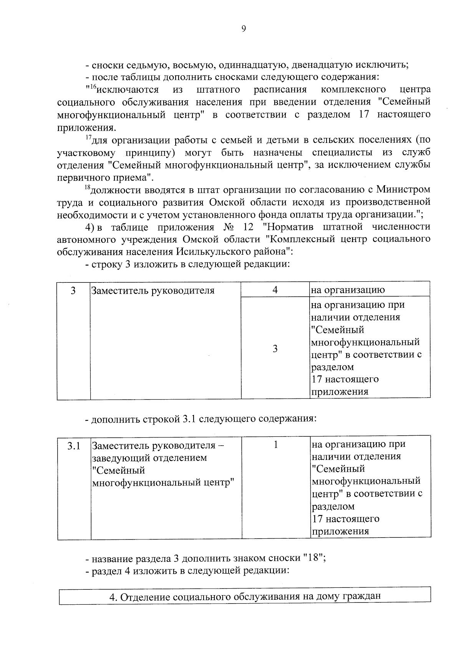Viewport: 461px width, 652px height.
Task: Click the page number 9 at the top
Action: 243,29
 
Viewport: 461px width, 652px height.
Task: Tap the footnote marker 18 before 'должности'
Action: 87,187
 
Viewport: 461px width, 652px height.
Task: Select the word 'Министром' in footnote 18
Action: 403,189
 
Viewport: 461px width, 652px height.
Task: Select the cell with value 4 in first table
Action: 275,290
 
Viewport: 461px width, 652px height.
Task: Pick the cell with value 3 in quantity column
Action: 275,349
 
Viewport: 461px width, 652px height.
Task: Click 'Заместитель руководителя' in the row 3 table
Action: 153,290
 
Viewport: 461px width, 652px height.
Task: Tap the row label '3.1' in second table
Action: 74,446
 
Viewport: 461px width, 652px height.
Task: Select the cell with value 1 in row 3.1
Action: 275,445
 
